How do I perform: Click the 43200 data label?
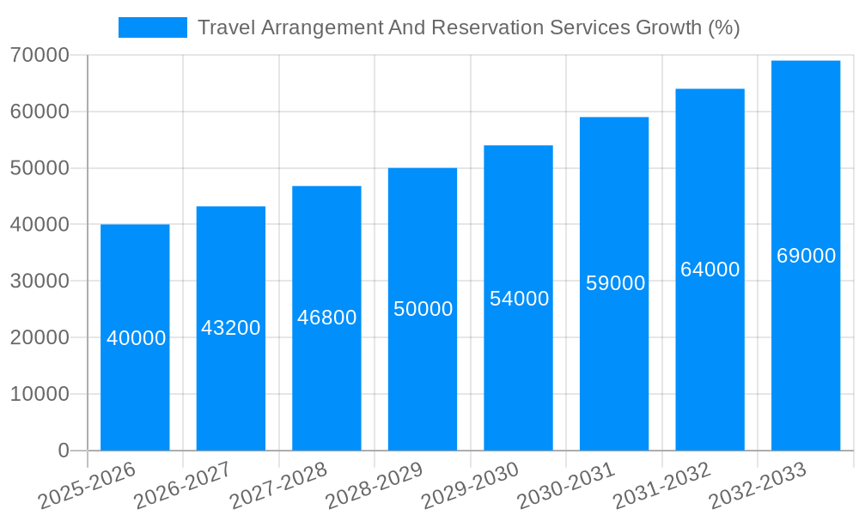pyautogui.click(x=231, y=328)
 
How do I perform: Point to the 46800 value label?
pyautogui.click(x=327, y=318)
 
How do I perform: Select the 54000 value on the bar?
pyautogui.click(x=519, y=299)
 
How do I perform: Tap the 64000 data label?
pyautogui.click(x=710, y=270)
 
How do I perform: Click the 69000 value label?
pyautogui.click(x=806, y=256)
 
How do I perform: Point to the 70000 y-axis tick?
pyautogui.click(x=40, y=55)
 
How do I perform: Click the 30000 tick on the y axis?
pyautogui.click(x=40, y=281)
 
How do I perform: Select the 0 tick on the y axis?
pyautogui.click(x=64, y=451)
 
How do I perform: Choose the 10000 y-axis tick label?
pyautogui.click(x=40, y=394)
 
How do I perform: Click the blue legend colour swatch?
pyautogui.click(x=153, y=27)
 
